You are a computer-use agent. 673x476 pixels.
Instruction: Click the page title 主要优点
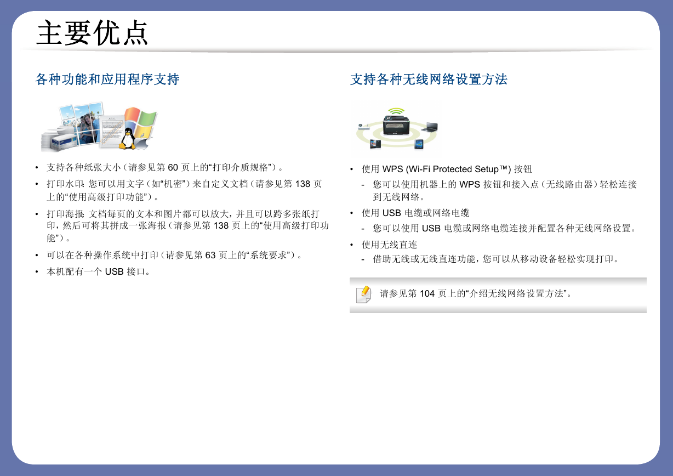(x=92, y=32)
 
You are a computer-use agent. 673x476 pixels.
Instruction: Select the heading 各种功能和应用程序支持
(x=107, y=80)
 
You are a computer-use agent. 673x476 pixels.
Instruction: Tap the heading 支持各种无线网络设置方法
(x=429, y=80)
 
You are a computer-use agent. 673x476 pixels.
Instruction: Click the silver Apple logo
(x=142, y=144)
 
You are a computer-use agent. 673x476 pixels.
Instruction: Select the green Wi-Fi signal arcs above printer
(x=396, y=111)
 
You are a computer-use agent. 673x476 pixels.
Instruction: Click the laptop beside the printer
(x=430, y=127)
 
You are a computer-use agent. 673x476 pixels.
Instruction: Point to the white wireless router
(x=364, y=126)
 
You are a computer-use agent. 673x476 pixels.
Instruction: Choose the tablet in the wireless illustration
(x=419, y=144)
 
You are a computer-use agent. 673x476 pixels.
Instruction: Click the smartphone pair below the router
(x=375, y=144)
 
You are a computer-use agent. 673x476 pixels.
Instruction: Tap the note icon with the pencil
(x=363, y=294)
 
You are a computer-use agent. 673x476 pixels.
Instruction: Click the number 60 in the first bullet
(x=173, y=167)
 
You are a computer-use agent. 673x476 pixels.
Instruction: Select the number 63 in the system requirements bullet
(x=210, y=255)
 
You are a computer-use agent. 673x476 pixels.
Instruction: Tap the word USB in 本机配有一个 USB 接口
(x=114, y=271)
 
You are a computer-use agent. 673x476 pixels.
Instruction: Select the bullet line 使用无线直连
(x=389, y=245)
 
